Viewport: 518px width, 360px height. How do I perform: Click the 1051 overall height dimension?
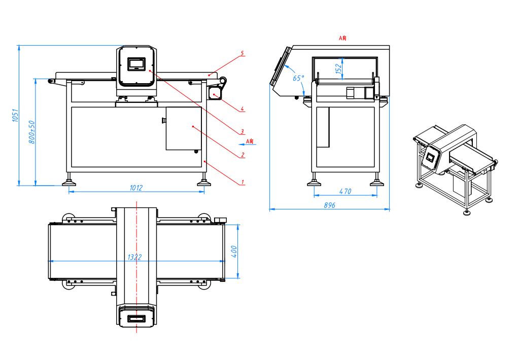pos(15,115)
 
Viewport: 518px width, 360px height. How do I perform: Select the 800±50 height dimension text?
pos(32,132)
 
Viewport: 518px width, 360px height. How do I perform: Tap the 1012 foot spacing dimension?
pos(136,188)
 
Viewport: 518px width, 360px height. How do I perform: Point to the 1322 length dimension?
pos(134,257)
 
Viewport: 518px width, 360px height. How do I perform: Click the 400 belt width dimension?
pos(234,251)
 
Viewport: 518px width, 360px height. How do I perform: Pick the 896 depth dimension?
pos(329,205)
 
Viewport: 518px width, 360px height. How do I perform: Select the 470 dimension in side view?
pos(345,191)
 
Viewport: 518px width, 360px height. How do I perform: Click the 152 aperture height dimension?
pos(338,68)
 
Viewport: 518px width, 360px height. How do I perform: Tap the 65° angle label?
pos(298,78)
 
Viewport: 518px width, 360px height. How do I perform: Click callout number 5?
pos(242,53)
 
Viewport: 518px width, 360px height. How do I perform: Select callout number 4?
pos(242,109)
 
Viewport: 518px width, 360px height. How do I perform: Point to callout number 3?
pos(242,132)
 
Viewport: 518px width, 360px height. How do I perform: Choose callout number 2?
pos(243,155)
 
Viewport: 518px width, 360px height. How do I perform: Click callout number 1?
pos(243,182)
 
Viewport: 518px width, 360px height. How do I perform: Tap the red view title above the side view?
pos(342,38)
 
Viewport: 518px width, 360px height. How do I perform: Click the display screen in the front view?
pos(136,64)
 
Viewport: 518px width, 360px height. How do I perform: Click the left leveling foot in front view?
pos(69,182)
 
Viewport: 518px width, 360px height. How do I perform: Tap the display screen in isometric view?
pos(430,156)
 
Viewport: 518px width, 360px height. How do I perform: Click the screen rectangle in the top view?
pos(136,319)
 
